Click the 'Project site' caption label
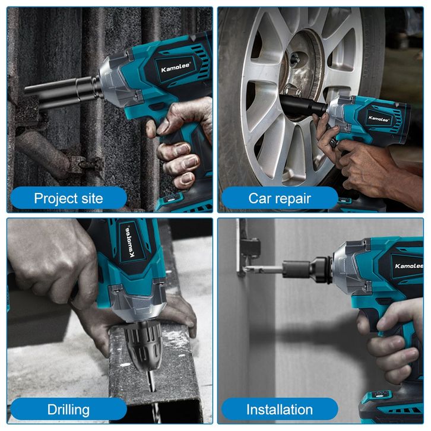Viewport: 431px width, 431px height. tap(68, 198)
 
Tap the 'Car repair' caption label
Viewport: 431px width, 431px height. tap(280, 198)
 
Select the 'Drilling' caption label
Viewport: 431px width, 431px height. tap(68, 410)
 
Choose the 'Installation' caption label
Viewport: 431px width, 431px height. tap(280, 410)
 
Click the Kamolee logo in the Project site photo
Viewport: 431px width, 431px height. tap(175, 68)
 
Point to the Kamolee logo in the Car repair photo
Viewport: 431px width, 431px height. tap(379, 119)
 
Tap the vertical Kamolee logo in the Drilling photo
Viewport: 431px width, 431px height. tap(130, 242)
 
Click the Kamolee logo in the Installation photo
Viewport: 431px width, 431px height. tap(409, 266)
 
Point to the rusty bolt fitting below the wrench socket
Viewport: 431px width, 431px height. tap(83, 163)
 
